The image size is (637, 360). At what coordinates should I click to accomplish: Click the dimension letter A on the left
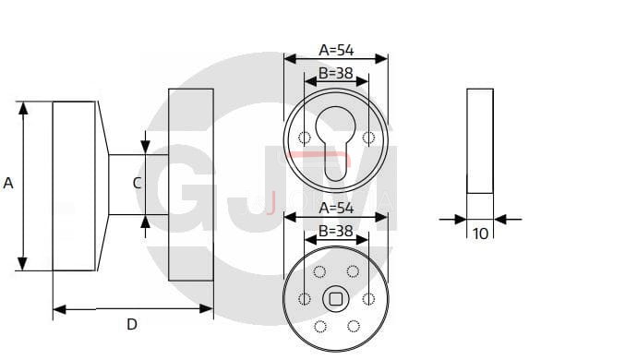point(8,184)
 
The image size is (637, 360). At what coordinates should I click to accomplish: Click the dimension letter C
point(138,184)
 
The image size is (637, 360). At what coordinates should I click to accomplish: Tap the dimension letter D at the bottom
point(132,324)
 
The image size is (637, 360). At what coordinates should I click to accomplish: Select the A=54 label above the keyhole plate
point(336,50)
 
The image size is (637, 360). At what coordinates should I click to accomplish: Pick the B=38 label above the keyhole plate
point(335,73)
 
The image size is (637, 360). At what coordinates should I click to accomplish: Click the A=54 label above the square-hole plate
point(336,208)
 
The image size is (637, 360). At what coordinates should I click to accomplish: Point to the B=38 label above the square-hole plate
point(335,231)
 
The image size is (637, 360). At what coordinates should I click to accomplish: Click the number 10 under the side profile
point(480,234)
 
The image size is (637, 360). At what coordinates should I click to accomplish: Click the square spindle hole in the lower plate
point(335,299)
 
